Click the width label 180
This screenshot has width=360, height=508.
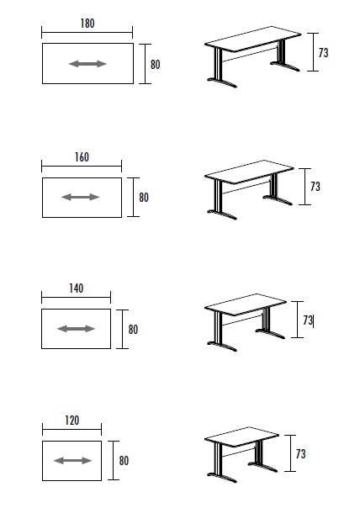click(87, 24)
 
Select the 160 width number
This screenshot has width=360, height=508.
click(81, 157)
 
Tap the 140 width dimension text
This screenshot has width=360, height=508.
click(76, 288)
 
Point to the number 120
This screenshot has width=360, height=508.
click(71, 420)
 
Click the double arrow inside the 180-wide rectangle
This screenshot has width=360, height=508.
click(87, 64)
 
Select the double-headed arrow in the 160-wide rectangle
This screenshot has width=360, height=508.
click(81, 197)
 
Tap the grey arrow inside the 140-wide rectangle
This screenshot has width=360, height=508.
click(76, 328)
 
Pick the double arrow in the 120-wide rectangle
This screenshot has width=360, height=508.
click(72, 460)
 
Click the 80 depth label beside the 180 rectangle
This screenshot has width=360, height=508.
click(155, 64)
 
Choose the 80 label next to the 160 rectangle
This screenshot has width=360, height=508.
click(144, 198)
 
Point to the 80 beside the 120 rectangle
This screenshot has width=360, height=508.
click(124, 460)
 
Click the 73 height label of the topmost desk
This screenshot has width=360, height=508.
click(324, 52)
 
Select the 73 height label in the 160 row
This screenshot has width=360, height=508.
click(315, 186)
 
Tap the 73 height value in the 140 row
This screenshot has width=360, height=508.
click(308, 320)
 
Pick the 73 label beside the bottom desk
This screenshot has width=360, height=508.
click(300, 454)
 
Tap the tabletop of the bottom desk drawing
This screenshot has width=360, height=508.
click(241, 442)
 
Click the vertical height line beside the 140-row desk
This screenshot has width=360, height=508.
click(297, 320)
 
